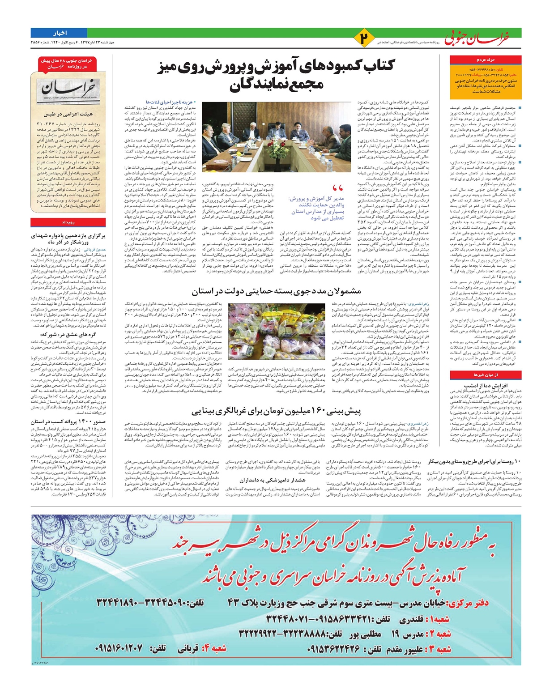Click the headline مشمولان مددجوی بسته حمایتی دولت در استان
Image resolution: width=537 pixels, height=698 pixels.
[x=276, y=291]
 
